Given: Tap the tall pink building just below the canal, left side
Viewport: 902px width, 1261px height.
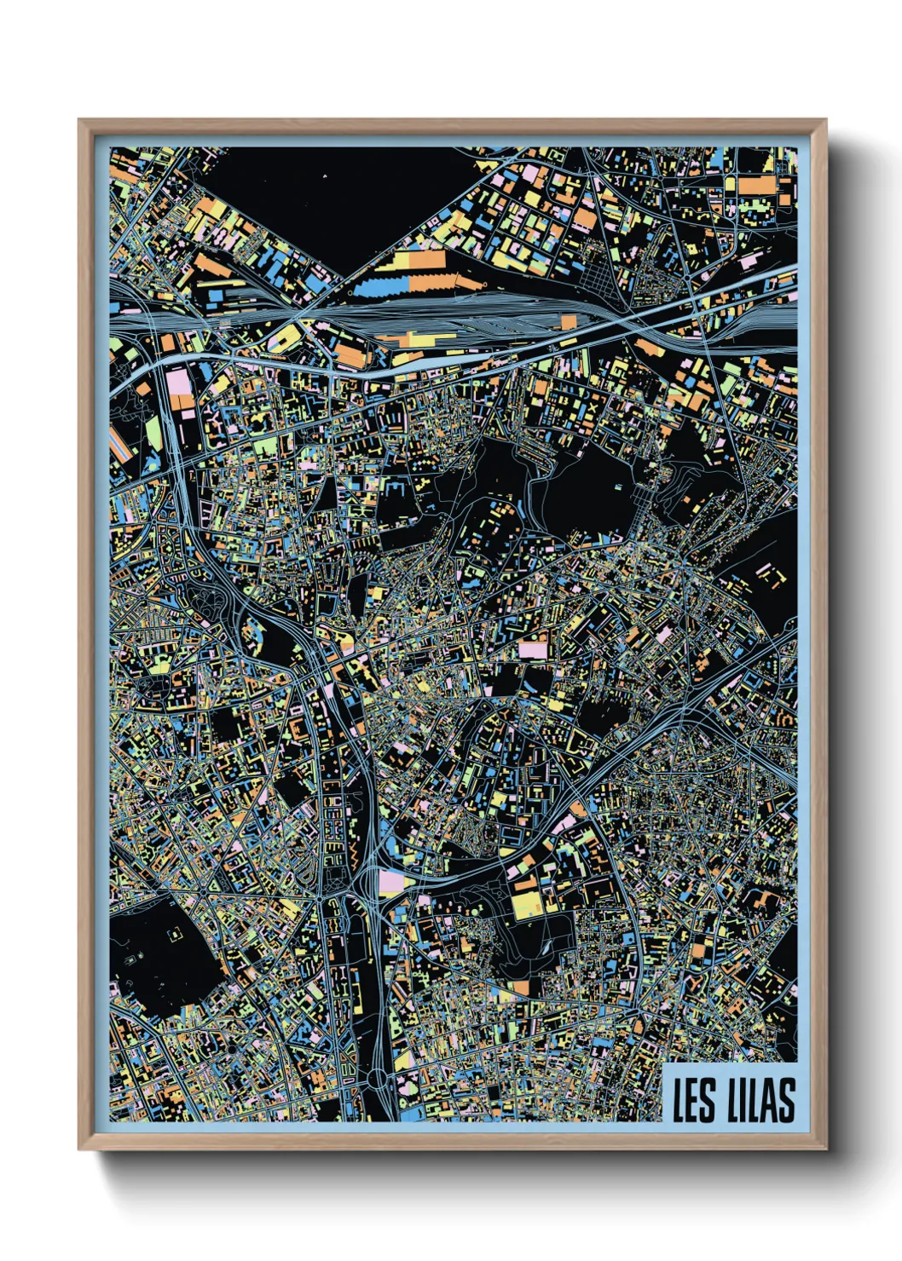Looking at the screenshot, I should click(x=180, y=389).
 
